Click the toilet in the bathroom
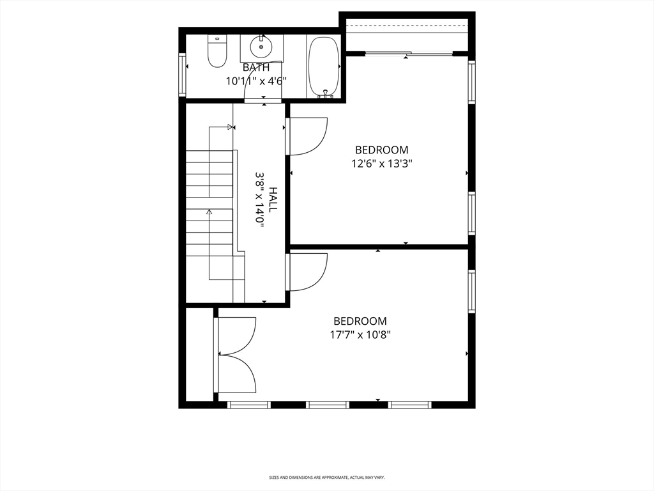pos(217,51)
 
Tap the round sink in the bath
pos(261,46)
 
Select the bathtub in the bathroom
pos(324,66)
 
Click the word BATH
pos(255,67)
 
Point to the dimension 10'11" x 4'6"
pos(256,81)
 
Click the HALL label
pos(273,199)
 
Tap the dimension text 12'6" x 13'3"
pos(382,163)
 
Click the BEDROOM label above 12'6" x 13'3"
pos(382,150)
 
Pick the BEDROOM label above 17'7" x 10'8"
pos(360,321)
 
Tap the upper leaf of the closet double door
pos(237,336)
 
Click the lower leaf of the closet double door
pos(237,374)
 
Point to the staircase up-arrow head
pos(209,211)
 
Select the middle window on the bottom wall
pos(328,405)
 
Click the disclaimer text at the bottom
pos(326,478)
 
